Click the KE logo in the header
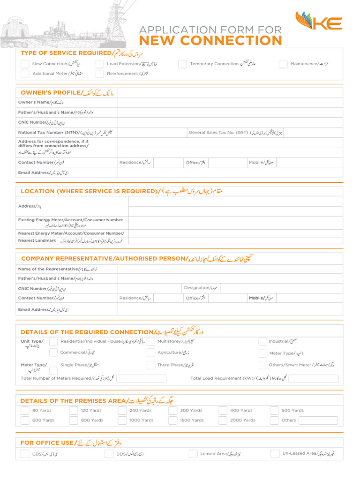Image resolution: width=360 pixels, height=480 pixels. [x=319, y=22]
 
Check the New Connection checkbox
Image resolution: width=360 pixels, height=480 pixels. [x=25, y=64]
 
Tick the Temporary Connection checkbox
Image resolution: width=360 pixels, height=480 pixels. [x=182, y=64]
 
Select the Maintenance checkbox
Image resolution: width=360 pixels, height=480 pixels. [x=283, y=64]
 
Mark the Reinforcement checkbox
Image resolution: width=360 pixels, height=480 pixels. [x=99, y=74]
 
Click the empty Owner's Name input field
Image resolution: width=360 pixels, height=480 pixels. [x=230, y=103]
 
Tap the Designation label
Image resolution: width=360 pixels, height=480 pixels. [x=201, y=288]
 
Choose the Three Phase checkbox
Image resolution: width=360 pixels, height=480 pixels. [x=150, y=365]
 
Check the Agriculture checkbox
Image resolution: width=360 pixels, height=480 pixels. [x=150, y=352]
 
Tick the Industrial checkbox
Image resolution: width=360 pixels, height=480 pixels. [x=263, y=342]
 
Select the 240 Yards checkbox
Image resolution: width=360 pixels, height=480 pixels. [x=122, y=411]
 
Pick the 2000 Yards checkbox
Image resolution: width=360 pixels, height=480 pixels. [x=223, y=420]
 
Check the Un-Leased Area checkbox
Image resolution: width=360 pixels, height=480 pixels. [x=275, y=454]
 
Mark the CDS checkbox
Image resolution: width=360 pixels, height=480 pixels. [x=25, y=454]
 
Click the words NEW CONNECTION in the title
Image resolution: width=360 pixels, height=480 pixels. [x=210, y=41]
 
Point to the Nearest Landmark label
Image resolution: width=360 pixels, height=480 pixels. [x=37, y=240]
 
